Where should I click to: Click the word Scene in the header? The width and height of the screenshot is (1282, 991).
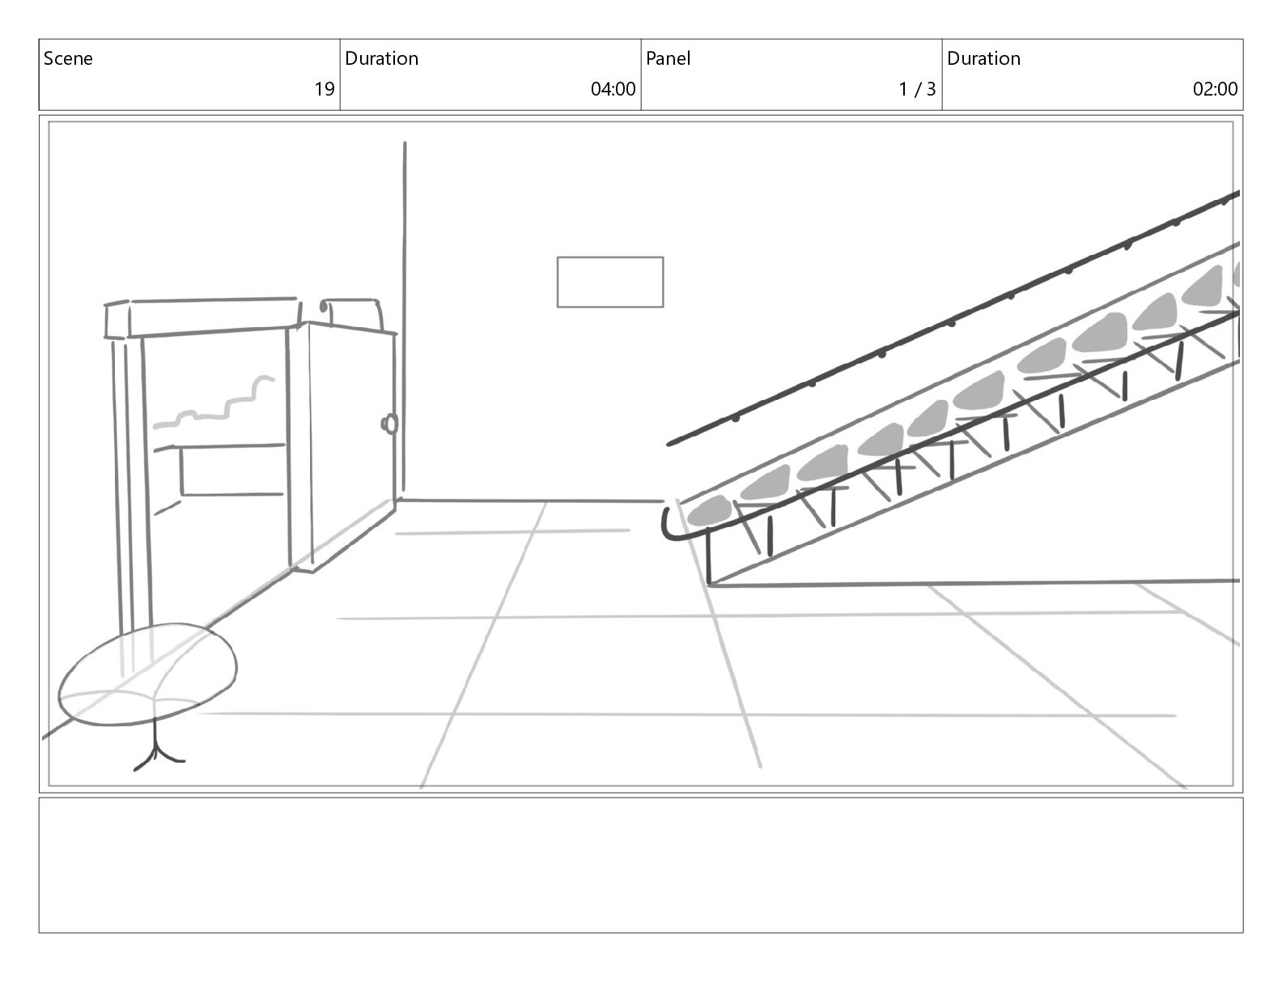[x=68, y=58]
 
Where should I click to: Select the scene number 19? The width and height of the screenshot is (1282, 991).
[x=324, y=89]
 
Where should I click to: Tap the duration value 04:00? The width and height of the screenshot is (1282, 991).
[x=613, y=89]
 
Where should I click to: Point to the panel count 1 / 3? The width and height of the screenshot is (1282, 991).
[x=916, y=89]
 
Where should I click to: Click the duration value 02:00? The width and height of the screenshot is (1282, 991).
[x=1215, y=89]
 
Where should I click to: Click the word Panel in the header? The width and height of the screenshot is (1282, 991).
[x=668, y=58]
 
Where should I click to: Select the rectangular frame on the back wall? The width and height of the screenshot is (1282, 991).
[x=609, y=282]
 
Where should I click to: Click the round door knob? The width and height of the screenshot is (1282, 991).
[x=391, y=423]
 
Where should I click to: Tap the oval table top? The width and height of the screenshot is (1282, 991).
[x=148, y=672]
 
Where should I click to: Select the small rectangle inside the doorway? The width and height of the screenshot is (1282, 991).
[x=231, y=470]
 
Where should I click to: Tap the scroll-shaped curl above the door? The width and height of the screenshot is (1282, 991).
[x=325, y=308]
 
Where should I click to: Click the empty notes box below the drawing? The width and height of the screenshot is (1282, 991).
[x=640, y=865]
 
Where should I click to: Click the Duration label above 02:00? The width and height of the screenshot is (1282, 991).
[x=983, y=58]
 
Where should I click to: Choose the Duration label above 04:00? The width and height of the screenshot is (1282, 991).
[x=381, y=58]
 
